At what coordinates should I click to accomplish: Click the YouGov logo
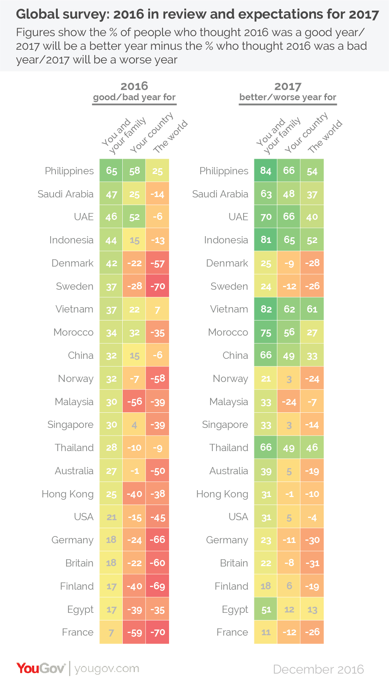[41, 668]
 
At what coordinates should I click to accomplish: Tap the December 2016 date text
[318, 669]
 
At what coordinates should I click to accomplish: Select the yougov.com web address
[107, 668]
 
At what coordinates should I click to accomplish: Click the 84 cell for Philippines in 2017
[266, 171]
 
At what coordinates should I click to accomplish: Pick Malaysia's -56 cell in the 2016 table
[134, 402]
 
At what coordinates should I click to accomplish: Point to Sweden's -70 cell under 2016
[157, 286]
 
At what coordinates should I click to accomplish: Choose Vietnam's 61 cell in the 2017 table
[312, 309]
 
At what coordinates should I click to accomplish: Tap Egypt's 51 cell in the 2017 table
[266, 609]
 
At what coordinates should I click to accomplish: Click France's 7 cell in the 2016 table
[111, 633]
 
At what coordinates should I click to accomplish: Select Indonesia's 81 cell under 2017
[266, 240]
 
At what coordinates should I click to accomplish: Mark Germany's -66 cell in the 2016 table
[157, 540]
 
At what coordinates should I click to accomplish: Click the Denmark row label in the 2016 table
[72, 263]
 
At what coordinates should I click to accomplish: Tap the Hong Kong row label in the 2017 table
[222, 494]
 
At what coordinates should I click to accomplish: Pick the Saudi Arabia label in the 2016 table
[65, 194]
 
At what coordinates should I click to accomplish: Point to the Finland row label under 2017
[231, 586]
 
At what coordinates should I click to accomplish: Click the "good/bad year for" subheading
[134, 97]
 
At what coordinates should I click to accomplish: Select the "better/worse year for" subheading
[288, 97]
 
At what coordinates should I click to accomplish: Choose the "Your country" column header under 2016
[151, 133]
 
